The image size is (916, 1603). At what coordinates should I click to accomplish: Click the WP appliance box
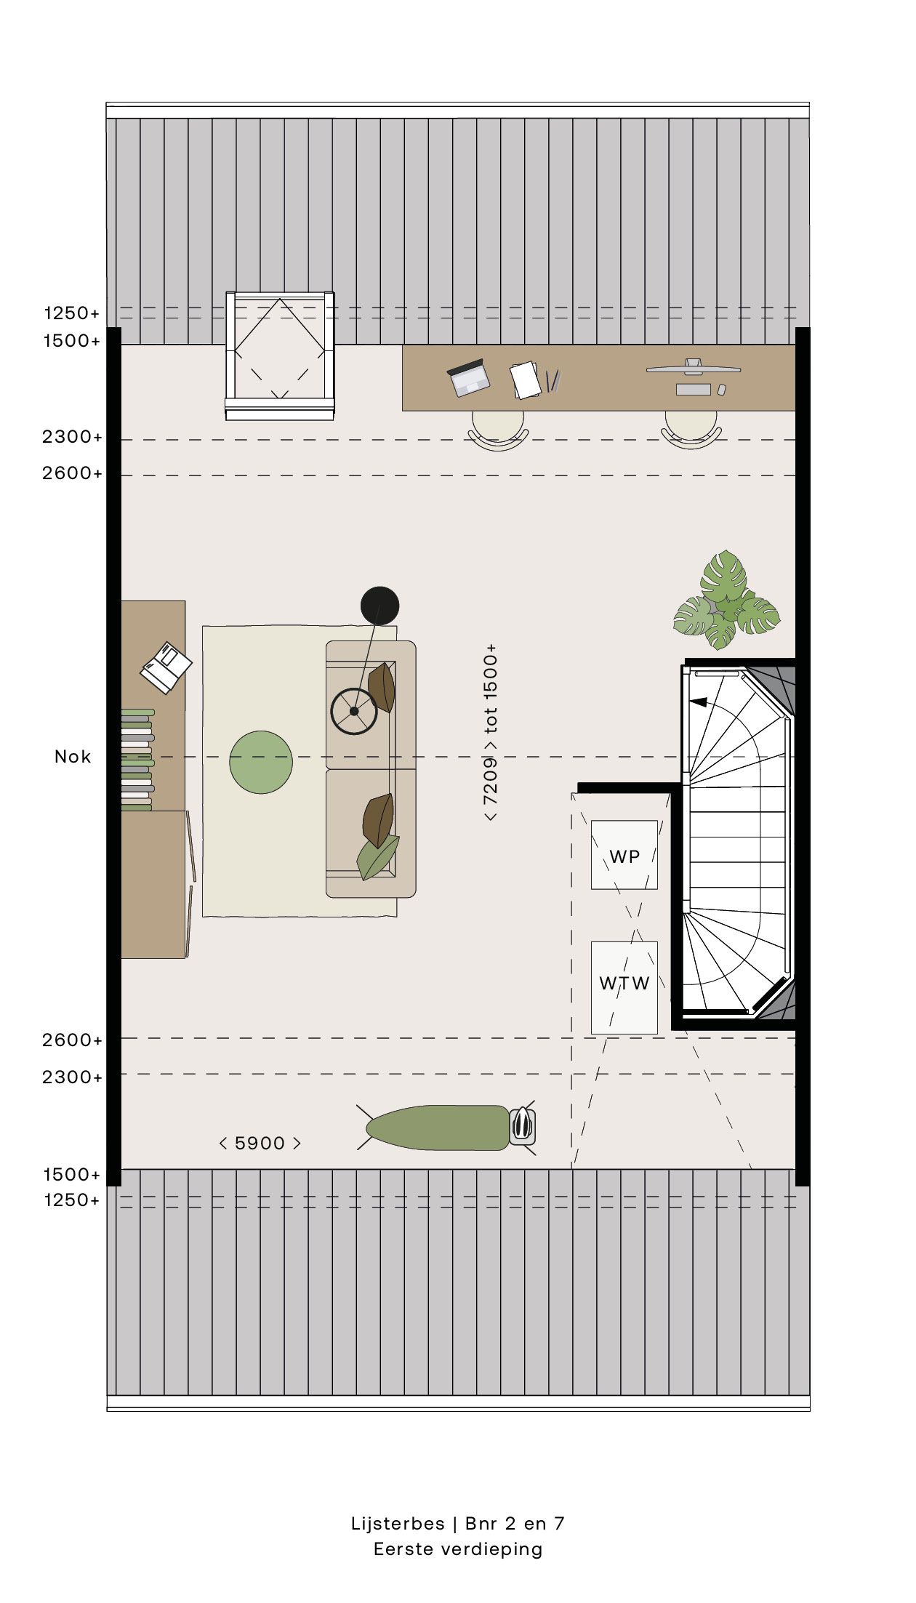624,855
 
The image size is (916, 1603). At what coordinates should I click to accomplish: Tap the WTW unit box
624,987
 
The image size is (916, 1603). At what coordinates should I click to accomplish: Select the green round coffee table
261,762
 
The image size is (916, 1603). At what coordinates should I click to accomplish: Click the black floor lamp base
379,606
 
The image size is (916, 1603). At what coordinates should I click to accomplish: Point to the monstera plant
726,600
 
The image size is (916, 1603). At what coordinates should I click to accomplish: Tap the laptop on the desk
468,377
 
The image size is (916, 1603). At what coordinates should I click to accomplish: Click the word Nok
73,757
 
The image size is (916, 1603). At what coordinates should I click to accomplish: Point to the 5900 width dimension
260,1143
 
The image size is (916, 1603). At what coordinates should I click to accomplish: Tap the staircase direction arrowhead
698,702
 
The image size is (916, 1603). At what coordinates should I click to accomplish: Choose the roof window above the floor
280,355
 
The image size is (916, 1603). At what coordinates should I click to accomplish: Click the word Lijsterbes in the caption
398,1524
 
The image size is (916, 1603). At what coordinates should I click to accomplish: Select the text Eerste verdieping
458,1549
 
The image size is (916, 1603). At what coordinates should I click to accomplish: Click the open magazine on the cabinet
166,667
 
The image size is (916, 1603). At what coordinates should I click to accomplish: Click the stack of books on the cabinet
137,760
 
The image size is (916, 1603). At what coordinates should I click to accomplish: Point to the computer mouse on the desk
722,390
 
